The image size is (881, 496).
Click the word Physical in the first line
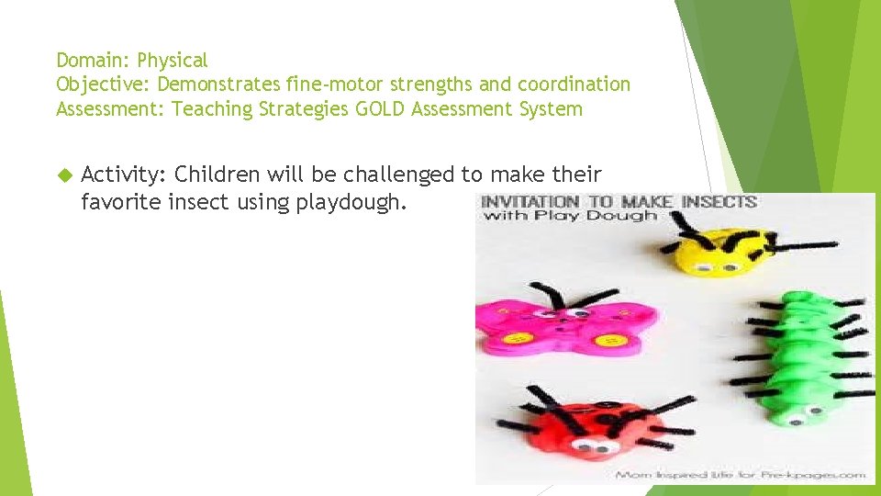coord(173,61)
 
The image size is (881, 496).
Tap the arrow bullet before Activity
coord(63,175)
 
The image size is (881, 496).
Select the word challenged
coord(417,175)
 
